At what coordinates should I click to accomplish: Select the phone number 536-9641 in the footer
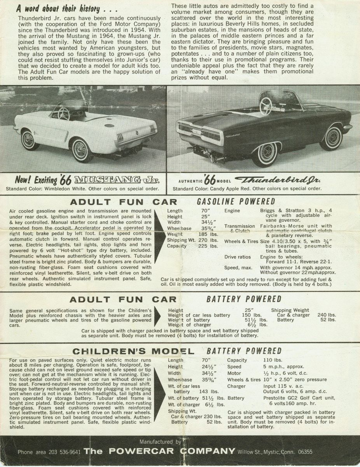coord(65,452)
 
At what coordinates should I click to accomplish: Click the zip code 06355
coord(304,452)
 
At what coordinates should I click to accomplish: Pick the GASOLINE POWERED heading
coord(236,202)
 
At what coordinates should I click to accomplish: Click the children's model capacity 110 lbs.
coord(273,360)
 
